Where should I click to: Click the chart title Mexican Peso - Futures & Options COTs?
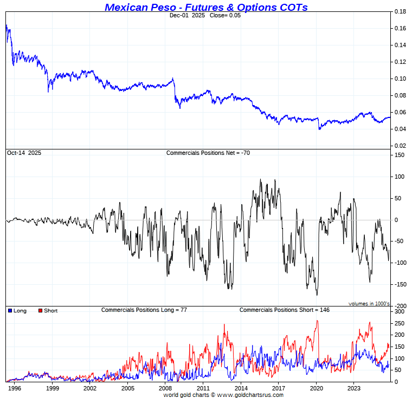pos(206,7)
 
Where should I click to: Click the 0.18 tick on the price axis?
pos(400,11)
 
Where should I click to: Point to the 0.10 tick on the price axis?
pos(400,79)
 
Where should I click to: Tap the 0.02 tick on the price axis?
pos(400,146)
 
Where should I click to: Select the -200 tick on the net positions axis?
pos(399,306)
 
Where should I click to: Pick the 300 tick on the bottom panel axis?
pos(400,312)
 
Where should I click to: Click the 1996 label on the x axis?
pos(15,388)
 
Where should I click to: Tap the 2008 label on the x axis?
pos(165,388)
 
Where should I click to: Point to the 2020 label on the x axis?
pos(316,388)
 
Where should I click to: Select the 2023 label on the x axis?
pos(354,388)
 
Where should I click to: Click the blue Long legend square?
pos(10,311)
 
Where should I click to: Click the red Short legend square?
pos(40,311)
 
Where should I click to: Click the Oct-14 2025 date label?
pos(24,153)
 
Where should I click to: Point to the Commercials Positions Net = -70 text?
pos(208,153)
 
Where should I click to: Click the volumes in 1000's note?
pos(369,304)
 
